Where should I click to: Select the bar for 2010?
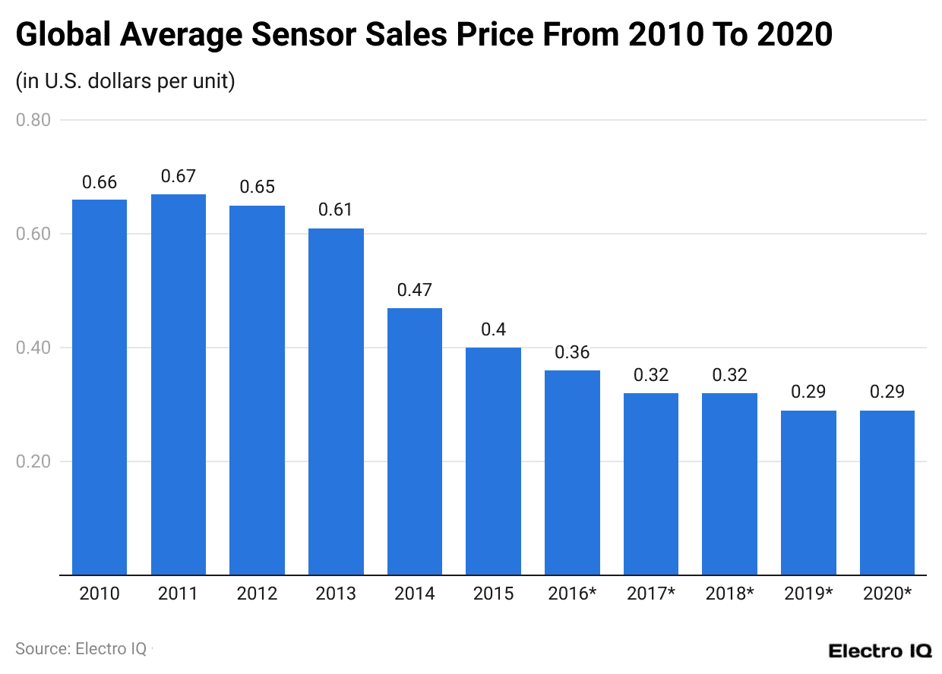click(99, 387)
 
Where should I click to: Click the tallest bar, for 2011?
click(178, 384)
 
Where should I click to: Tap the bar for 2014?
click(414, 441)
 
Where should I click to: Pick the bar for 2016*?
click(572, 472)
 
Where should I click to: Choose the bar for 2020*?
click(887, 493)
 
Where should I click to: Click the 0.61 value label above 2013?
click(335, 210)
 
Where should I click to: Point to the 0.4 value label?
click(493, 330)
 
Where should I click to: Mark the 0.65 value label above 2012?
click(257, 187)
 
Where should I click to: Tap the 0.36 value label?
click(572, 353)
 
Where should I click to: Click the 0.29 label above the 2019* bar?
click(808, 392)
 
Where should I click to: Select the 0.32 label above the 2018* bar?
click(729, 376)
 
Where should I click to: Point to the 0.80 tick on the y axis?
click(33, 120)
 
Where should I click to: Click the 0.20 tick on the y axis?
click(33, 461)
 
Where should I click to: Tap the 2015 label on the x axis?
click(493, 594)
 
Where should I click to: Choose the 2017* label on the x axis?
click(650, 594)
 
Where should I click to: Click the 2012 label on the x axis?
click(257, 594)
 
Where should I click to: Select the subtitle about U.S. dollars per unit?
click(125, 81)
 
